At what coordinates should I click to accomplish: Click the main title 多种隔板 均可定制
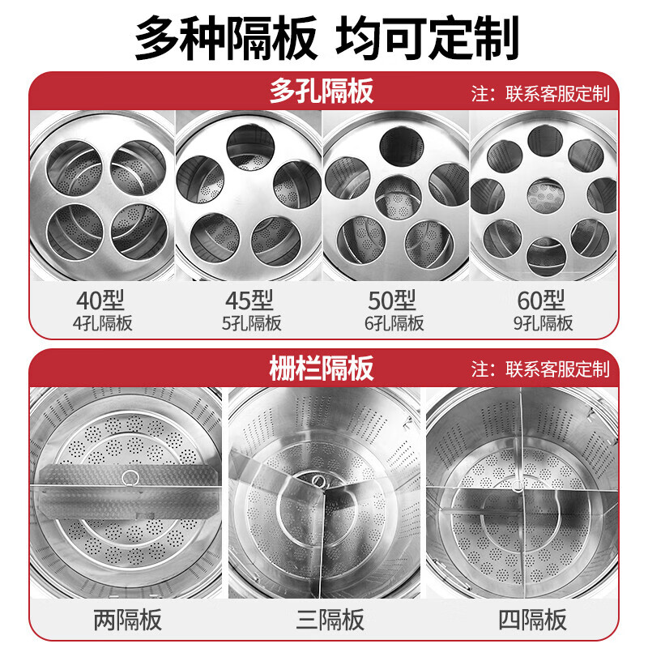point(327,37)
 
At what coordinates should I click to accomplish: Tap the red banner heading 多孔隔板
point(322,91)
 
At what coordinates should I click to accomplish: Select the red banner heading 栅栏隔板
point(322,368)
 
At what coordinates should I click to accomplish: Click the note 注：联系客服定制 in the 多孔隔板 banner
point(540,94)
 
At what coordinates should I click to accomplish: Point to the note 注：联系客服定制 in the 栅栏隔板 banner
point(540,369)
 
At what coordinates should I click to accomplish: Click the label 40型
point(100,301)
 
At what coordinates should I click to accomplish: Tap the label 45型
point(249,301)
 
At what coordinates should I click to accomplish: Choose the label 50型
point(392,301)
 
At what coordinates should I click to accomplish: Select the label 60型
point(541,301)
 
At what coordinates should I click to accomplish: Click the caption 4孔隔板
point(103,323)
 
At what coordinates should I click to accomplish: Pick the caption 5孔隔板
point(251,323)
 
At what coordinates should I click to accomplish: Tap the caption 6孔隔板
point(394,323)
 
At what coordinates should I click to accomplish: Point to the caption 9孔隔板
point(543,323)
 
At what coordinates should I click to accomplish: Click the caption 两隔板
point(127,620)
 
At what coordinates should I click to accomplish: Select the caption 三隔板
point(330,620)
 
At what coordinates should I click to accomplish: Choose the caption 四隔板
point(532,620)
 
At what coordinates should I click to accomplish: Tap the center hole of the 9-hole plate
point(545,196)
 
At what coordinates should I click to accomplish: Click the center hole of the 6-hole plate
point(399,198)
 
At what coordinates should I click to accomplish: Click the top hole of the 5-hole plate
point(250,147)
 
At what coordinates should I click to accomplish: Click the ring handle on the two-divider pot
point(129,479)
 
